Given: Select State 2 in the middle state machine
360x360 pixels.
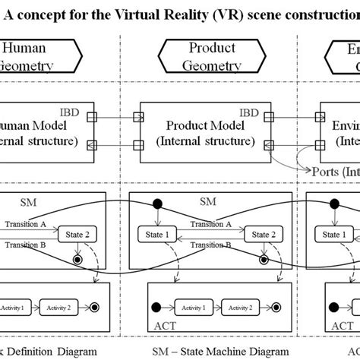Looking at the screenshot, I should pyautogui.click(x=263, y=235).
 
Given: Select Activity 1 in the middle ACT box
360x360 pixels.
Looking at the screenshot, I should pyautogui.click(x=188, y=308).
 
